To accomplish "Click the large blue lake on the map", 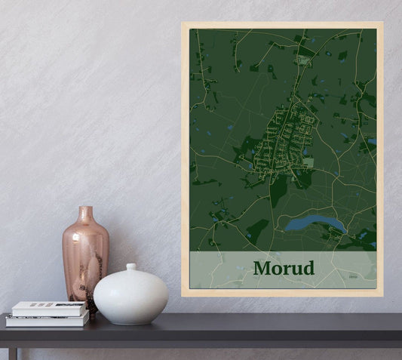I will tap(315, 223).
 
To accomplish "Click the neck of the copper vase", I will tap(86, 215).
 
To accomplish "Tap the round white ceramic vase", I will tap(130, 295).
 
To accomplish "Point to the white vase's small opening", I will tap(131, 266).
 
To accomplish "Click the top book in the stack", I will tap(49, 308).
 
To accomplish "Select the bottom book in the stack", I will tap(47, 320).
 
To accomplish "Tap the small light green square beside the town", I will tap(308, 162).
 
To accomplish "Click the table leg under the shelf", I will tap(13, 353).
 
